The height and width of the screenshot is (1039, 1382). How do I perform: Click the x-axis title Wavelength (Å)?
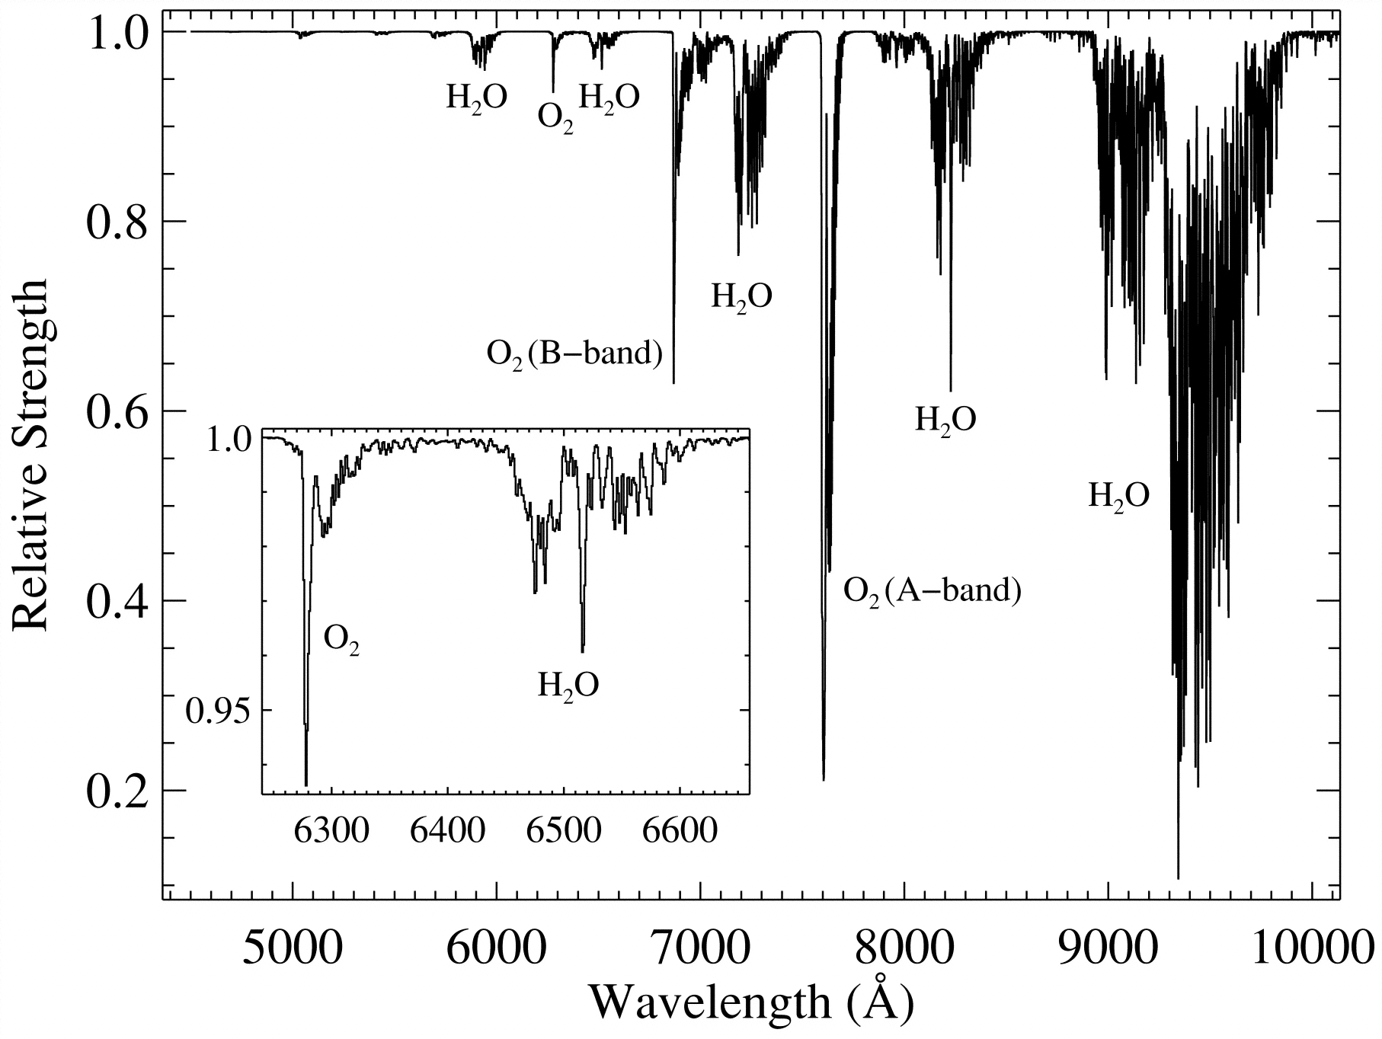[x=750, y=1004]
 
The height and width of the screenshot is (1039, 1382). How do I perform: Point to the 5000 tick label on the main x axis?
[x=292, y=948]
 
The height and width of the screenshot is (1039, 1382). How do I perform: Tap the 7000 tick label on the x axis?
[x=699, y=948]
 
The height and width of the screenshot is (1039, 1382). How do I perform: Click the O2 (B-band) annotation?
[x=574, y=353]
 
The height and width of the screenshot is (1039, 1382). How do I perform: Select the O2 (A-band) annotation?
[x=932, y=590]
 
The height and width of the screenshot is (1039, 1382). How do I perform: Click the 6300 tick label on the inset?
[x=331, y=830]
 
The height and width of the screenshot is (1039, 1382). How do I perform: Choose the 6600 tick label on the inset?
[x=679, y=830]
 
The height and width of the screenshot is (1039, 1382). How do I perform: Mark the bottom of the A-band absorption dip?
[x=824, y=778]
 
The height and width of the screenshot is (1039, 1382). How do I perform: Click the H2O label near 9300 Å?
[x=1118, y=497]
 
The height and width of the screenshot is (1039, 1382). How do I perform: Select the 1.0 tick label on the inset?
[x=229, y=441]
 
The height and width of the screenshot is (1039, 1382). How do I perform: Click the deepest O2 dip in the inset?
[x=306, y=784]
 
